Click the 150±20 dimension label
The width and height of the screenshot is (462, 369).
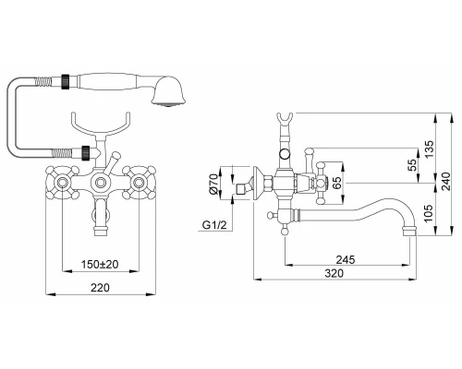pyautogui.click(x=100, y=264)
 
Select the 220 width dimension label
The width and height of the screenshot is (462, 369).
pyautogui.click(x=100, y=288)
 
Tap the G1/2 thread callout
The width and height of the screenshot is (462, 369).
pyautogui.click(x=214, y=225)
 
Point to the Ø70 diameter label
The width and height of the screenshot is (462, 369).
pyautogui.click(x=213, y=183)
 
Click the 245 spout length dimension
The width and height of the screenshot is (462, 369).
pyautogui.click(x=346, y=260)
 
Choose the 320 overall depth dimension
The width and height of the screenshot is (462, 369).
pyautogui.click(x=334, y=273)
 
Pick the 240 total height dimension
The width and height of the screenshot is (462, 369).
pyautogui.click(x=445, y=181)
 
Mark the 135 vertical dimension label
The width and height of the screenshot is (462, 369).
pyautogui.click(x=429, y=149)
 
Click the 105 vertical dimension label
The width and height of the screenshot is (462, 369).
pyautogui.click(x=429, y=212)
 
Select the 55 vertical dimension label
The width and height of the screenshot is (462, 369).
pyautogui.click(x=412, y=164)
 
